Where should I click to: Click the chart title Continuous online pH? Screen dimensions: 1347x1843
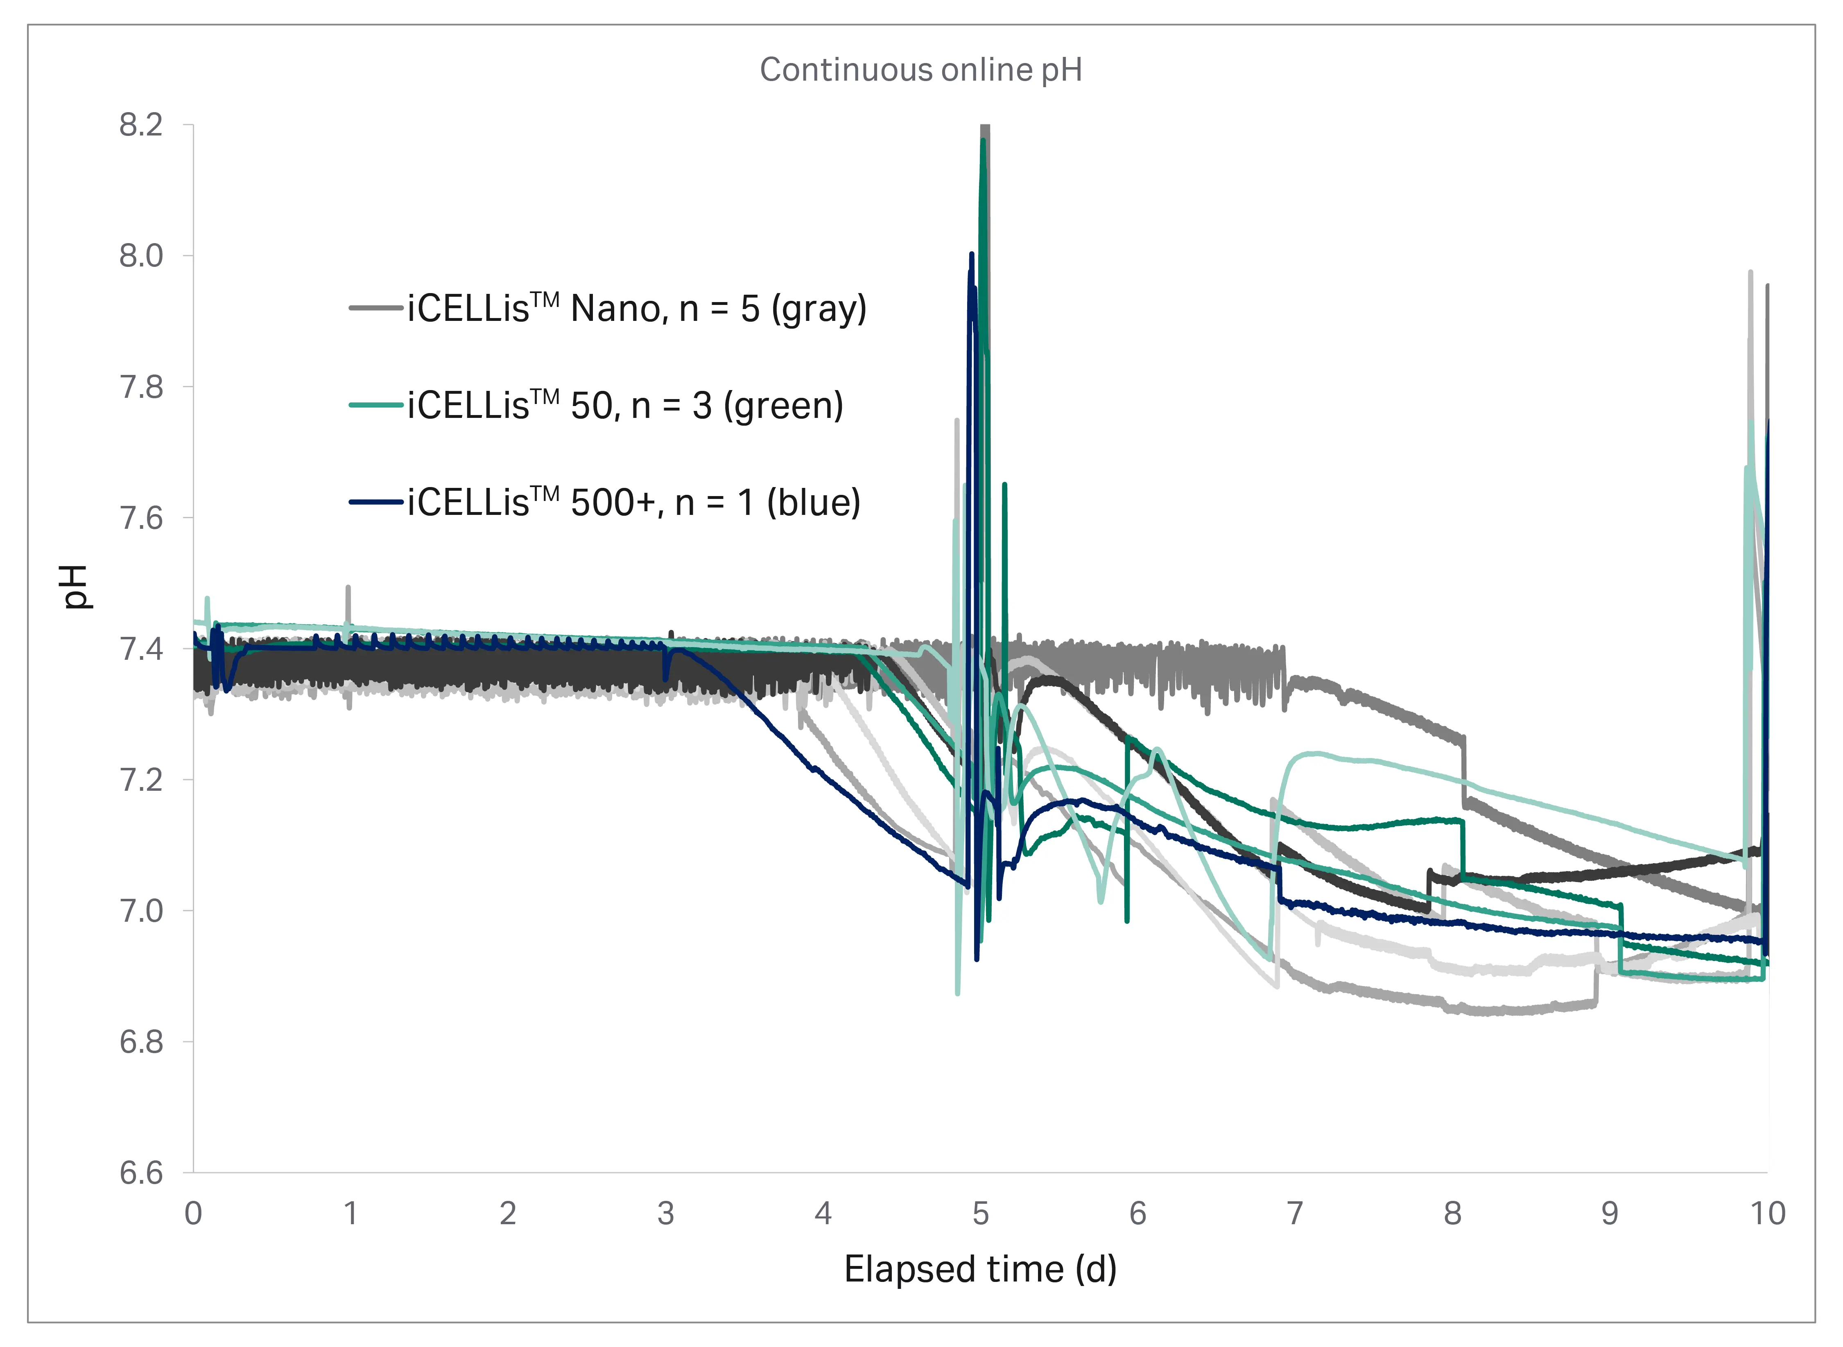coord(921,70)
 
